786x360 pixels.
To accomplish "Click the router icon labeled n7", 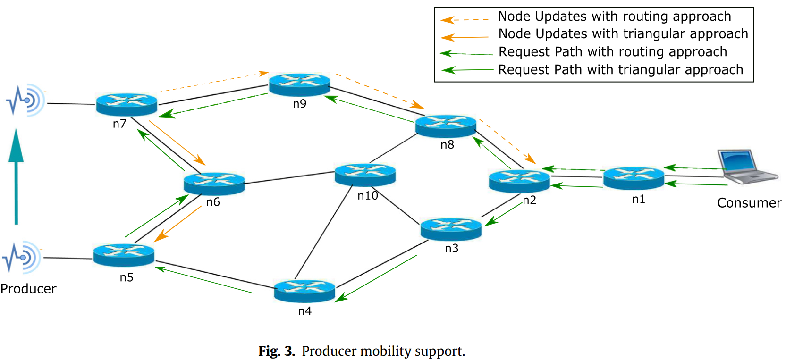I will click(127, 104).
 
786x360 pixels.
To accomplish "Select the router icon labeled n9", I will click(299, 84).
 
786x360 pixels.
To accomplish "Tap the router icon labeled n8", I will click(446, 126).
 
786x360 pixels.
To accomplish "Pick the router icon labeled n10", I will click(365, 175).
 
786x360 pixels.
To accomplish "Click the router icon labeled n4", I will click(304, 291).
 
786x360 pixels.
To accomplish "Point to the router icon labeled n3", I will click(451, 229).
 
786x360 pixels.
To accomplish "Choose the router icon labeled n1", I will click(634, 178).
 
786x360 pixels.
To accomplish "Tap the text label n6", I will click(213, 202).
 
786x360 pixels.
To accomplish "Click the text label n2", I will click(529, 200).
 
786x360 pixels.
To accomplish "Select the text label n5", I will click(127, 277).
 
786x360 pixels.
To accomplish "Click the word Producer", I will click(28, 289).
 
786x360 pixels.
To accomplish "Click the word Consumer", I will click(749, 203).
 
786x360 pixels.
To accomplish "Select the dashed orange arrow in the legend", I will click(465, 20).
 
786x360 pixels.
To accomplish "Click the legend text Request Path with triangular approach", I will click(620, 70).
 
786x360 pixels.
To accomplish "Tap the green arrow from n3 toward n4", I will click(376, 278).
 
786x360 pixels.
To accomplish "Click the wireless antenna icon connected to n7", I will click(25, 100).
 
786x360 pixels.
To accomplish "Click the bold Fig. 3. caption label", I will click(277, 351).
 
